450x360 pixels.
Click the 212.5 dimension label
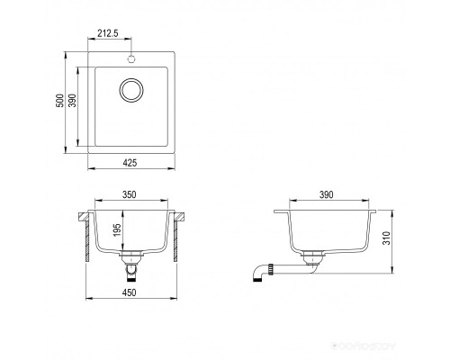[x=108, y=33]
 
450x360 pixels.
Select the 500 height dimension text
[x=60, y=101]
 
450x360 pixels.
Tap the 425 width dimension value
[x=130, y=163]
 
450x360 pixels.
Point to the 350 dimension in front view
[x=130, y=194]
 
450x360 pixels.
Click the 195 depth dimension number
[x=117, y=229]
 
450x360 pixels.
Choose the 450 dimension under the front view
[x=130, y=292]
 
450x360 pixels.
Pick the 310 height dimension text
[x=387, y=238]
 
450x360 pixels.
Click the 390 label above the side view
[x=326, y=194]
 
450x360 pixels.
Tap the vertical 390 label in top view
[x=73, y=101]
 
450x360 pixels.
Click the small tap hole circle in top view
[x=131, y=59]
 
